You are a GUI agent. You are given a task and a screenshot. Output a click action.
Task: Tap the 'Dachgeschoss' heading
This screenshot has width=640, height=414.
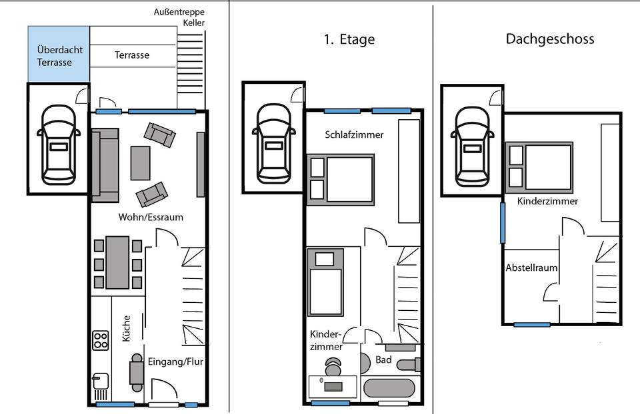coord(549,39)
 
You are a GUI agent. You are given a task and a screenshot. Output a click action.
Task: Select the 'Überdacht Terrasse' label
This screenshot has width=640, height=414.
coord(55,56)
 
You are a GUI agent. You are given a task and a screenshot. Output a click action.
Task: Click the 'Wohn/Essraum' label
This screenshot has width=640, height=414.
coord(151,217)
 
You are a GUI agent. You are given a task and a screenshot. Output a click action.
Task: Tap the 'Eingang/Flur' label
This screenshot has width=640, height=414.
coord(175,362)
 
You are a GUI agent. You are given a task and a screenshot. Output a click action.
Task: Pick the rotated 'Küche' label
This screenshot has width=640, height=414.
coord(126,328)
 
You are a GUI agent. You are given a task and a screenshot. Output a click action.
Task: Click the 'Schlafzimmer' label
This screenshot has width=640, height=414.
coord(354,134)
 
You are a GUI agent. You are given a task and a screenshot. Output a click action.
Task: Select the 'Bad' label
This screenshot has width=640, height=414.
coord(383,359)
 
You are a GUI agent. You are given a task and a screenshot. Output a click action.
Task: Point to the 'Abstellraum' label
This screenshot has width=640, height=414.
coord(531,268)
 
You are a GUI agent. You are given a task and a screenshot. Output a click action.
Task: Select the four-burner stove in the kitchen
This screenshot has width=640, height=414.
coord(101,340)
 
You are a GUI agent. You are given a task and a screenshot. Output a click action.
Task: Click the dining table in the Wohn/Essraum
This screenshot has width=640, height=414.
coord(118,262)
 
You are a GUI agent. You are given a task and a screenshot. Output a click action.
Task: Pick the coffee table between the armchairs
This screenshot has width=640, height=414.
coord(141,162)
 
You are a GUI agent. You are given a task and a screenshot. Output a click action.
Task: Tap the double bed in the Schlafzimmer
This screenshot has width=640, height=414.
coord(341,178)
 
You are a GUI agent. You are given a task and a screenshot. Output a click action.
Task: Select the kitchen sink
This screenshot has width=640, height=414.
coord(100,382)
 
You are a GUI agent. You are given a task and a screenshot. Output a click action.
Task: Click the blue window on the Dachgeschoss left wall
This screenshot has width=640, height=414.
coord(503,222)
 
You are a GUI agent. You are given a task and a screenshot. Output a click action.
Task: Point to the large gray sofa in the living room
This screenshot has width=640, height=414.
coord(105,165)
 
